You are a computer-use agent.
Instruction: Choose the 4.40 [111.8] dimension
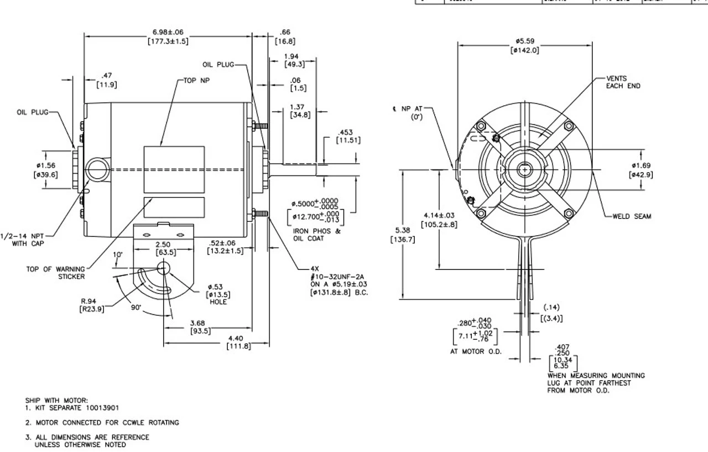tap(239, 342)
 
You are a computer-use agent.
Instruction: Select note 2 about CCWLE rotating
tap(102, 422)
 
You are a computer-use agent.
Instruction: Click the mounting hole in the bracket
tap(164, 268)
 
